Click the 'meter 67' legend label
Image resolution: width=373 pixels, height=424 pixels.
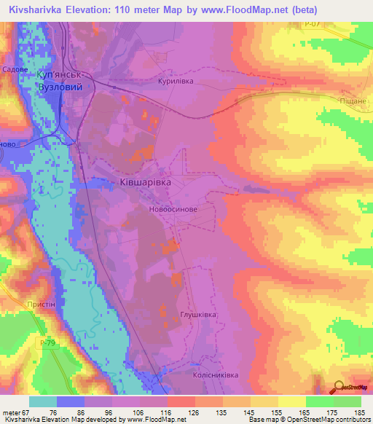17,412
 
